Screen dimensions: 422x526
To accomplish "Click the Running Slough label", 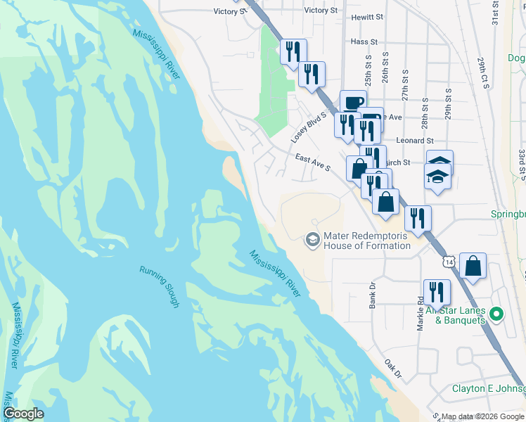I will (158, 286).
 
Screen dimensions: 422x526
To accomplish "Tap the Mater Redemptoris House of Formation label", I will (366, 241).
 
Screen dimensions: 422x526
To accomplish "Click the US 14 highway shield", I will (450, 261).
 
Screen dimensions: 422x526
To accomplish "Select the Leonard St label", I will (415, 141).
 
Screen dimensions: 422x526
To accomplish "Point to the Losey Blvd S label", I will (310, 127).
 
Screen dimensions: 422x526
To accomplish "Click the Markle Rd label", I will (420, 315).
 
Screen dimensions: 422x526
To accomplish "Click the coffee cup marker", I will (353, 103).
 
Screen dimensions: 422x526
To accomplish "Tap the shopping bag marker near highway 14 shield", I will (475, 267).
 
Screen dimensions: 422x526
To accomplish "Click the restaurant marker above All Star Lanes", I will (437, 293).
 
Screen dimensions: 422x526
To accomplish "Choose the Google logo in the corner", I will (24, 414).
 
